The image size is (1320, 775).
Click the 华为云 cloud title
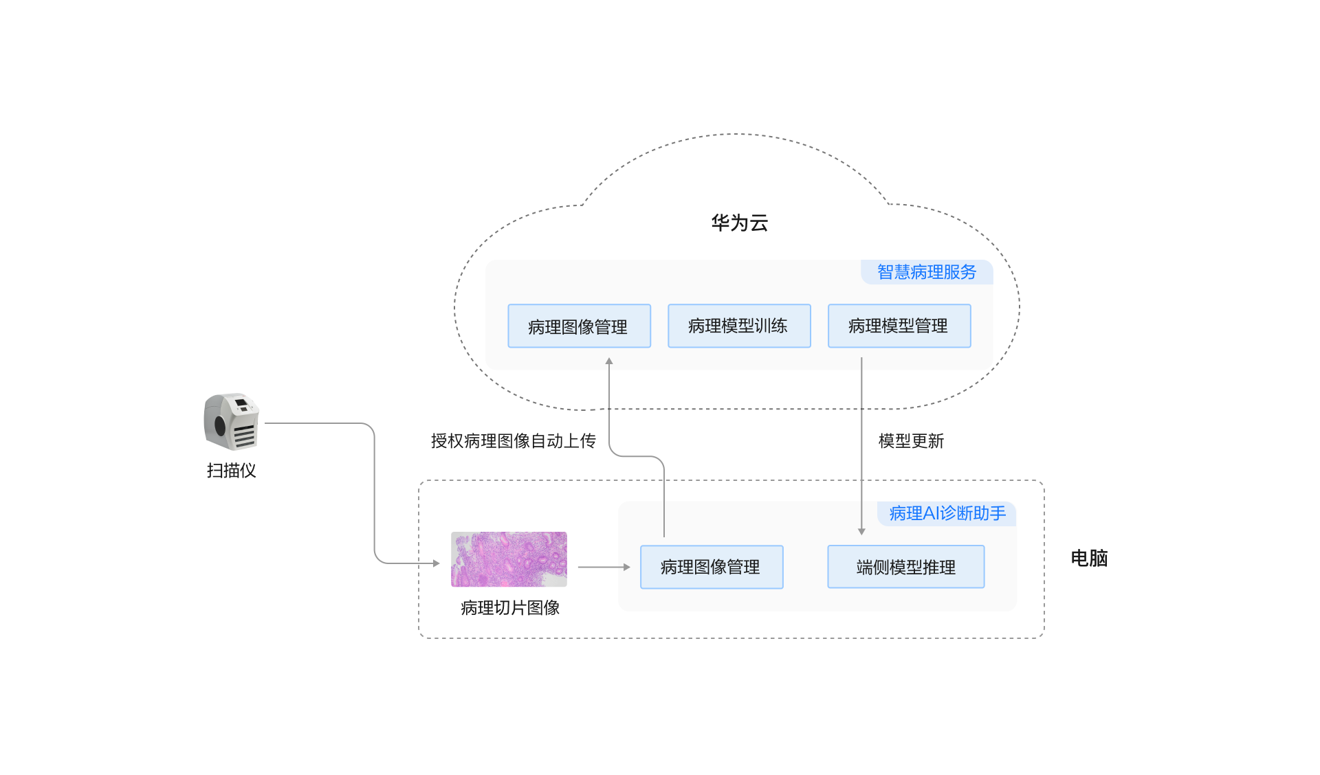point(739,223)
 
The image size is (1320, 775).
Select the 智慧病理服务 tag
point(926,272)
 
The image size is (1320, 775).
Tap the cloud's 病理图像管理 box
point(578,326)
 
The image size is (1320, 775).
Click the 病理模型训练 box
point(738,326)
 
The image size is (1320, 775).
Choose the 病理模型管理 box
point(899,326)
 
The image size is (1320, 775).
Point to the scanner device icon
point(232,421)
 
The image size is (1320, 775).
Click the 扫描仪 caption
point(231,471)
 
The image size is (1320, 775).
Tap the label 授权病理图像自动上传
point(513,441)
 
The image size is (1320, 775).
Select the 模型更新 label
point(911,441)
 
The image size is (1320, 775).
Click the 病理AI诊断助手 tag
point(947,513)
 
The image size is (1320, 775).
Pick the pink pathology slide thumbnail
point(509,559)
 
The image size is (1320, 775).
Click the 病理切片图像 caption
point(510,608)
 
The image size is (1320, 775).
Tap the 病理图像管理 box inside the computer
point(711,567)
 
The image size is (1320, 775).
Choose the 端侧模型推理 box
point(905,567)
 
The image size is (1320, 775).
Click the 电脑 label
point(1089,558)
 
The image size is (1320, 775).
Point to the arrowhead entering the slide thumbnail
point(436,563)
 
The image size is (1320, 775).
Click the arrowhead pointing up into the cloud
point(609,361)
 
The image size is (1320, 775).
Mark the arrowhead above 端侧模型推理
point(861,531)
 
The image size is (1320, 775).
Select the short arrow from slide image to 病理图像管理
point(604,568)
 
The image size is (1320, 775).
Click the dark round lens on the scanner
point(220,425)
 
